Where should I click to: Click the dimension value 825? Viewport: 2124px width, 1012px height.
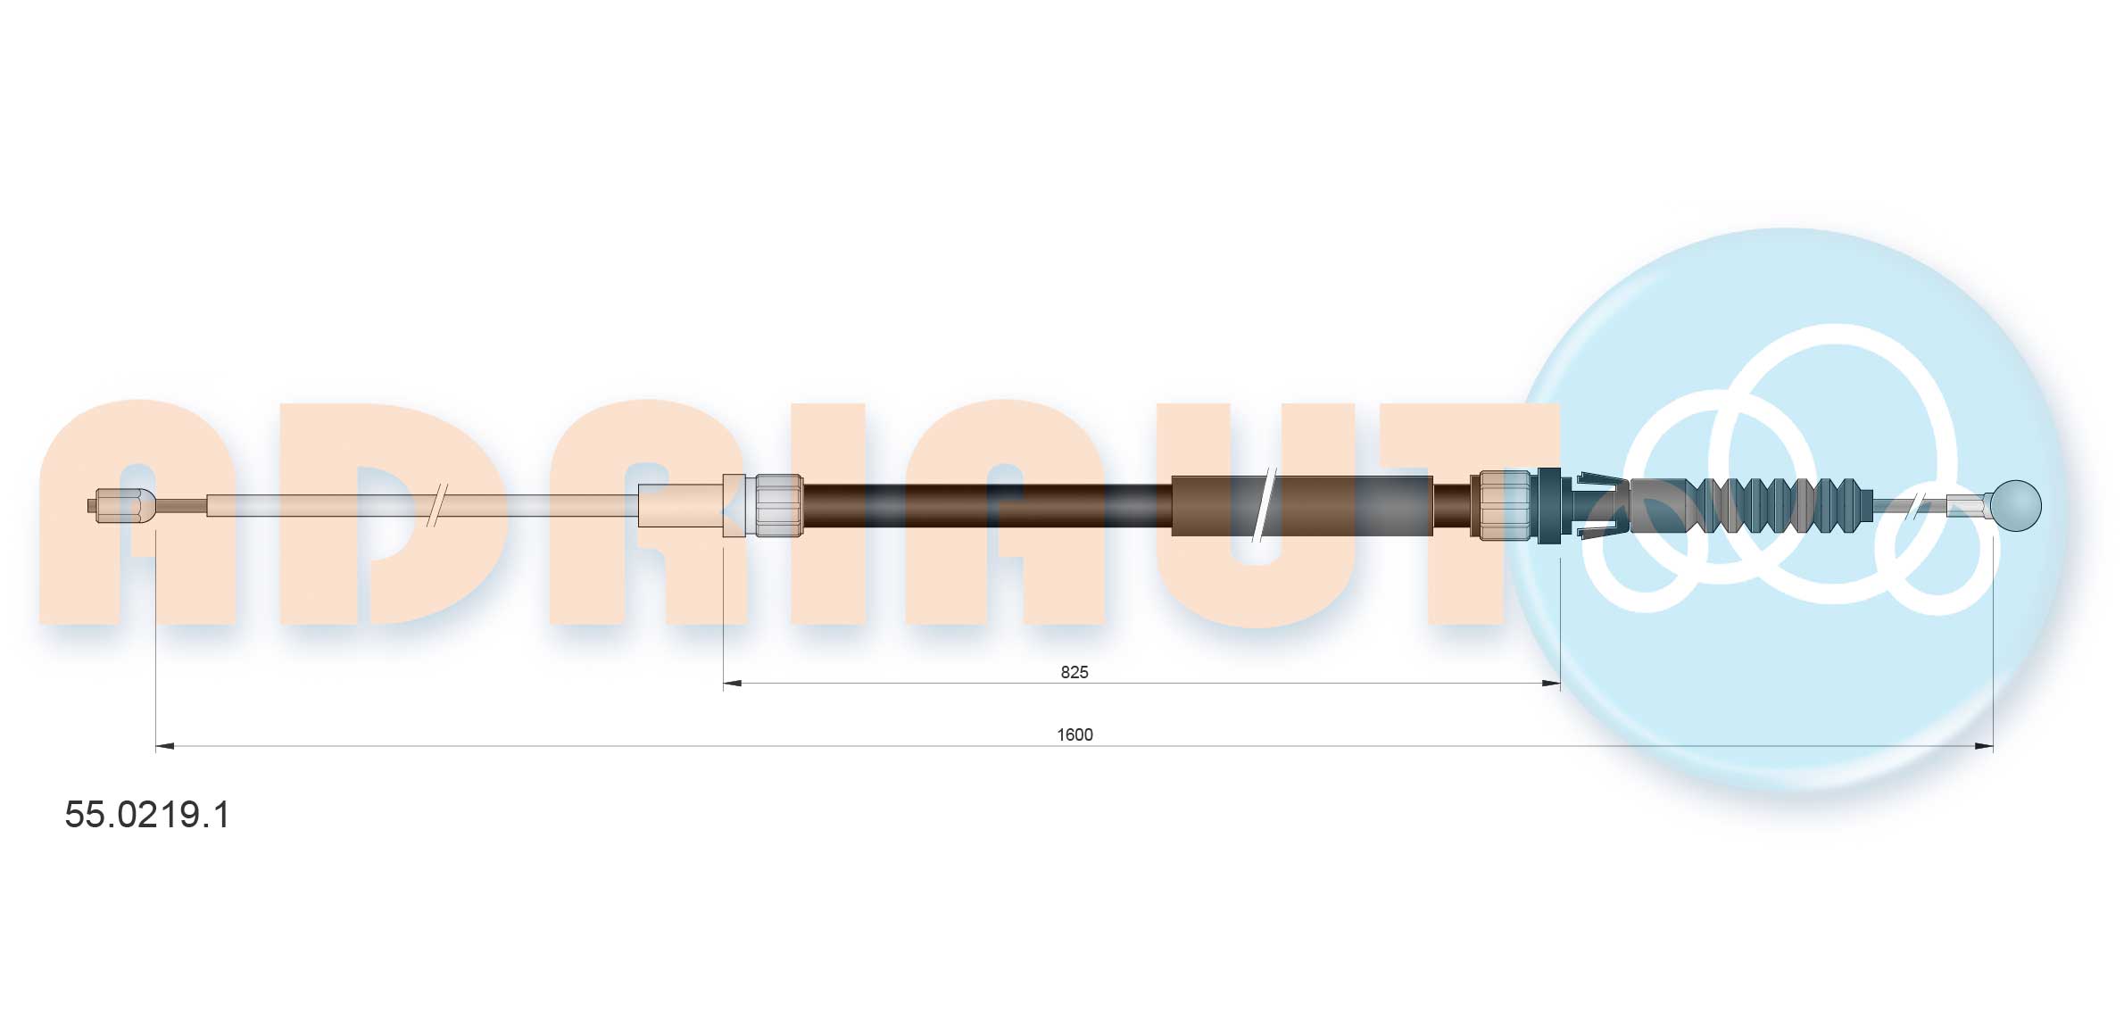click(1074, 672)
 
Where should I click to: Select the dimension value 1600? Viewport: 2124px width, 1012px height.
click(1074, 734)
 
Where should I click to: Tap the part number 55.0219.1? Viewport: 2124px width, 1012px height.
click(147, 815)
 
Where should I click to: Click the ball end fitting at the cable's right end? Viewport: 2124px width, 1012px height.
click(2015, 505)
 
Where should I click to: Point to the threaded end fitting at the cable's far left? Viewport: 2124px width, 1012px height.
click(122, 505)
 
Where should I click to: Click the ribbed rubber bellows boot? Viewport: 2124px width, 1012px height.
click(1776, 505)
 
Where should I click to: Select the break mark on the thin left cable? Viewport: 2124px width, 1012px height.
click(437, 505)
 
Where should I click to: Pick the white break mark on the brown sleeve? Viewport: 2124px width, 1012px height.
click(1263, 505)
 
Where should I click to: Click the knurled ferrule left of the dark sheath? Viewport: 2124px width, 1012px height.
click(778, 505)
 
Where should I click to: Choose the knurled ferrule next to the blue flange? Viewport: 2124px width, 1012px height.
click(1505, 505)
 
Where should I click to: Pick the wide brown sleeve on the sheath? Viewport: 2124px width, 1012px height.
click(1301, 505)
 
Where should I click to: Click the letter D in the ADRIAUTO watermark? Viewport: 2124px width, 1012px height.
click(393, 513)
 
